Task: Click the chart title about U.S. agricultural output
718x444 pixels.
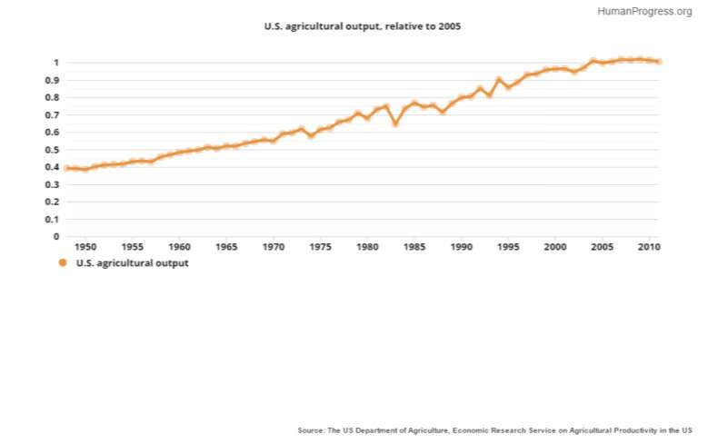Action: pyautogui.click(x=363, y=27)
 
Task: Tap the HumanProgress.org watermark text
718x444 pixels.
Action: pyautogui.click(x=644, y=12)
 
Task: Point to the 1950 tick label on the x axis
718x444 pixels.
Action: pyautogui.click(x=85, y=246)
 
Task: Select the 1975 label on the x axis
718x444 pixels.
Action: pyautogui.click(x=320, y=246)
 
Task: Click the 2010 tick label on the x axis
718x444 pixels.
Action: pyautogui.click(x=649, y=246)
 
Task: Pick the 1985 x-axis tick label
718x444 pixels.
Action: pyautogui.click(x=414, y=246)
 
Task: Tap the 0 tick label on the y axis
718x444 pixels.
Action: pyautogui.click(x=56, y=237)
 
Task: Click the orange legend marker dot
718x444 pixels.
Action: pyautogui.click(x=63, y=263)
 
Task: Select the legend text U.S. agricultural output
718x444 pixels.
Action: pyautogui.click(x=132, y=263)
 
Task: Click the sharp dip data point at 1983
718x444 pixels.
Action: pyautogui.click(x=395, y=123)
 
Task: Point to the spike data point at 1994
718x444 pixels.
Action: pyautogui.click(x=499, y=79)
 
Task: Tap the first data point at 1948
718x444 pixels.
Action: pyautogui.click(x=66, y=168)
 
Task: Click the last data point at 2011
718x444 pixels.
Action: pyautogui.click(x=659, y=62)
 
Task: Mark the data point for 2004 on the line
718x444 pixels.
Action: pyautogui.click(x=593, y=61)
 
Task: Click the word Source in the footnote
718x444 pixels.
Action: pyautogui.click(x=311, y=429)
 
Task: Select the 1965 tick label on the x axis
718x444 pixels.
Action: pyautogui.click(x=226, y=246)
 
